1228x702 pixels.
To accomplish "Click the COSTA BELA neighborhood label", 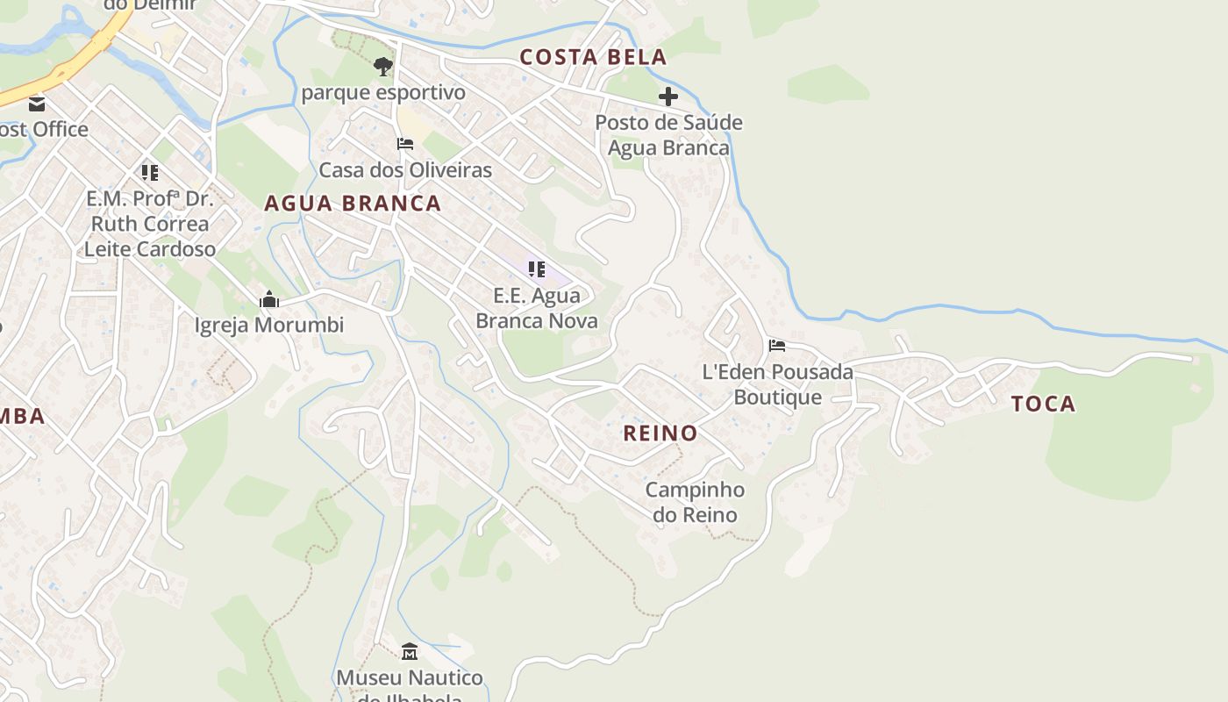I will [x=593, y=58].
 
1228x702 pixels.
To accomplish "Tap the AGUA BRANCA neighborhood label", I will [x=353, y=204].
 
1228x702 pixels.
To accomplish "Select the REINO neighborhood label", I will [x=660, y=433].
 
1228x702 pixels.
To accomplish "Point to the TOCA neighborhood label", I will [x=1043, y=404].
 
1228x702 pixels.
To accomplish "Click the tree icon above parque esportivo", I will [x=382, y=66].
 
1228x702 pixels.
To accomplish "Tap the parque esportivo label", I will [x=383, y=92].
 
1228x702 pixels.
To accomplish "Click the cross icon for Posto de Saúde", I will [x=668, y=97].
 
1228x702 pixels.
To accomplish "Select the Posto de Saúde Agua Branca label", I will [x=668, y=135].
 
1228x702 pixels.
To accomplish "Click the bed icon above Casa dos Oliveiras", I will [x=405, y=144].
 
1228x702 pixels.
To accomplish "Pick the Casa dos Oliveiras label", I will [x=405, y=169].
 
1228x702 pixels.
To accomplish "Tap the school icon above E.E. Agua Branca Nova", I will [x=537, y=269].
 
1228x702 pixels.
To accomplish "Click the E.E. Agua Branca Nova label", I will [x=537, y=308].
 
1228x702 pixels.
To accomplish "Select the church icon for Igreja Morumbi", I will [x=269, y=300].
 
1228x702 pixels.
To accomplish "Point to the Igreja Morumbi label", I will [x=269, y=326].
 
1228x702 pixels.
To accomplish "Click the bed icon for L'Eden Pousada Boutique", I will [x=777, y=346].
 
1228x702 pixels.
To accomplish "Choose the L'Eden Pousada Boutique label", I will [x=777, y=384].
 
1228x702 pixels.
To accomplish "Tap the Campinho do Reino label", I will [x=695, y=502].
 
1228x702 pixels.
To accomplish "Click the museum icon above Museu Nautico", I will [x=410, y=652].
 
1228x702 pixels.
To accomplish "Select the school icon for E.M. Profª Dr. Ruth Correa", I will [x=150, y=173].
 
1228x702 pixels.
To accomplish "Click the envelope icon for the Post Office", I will [x=37, y=104].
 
